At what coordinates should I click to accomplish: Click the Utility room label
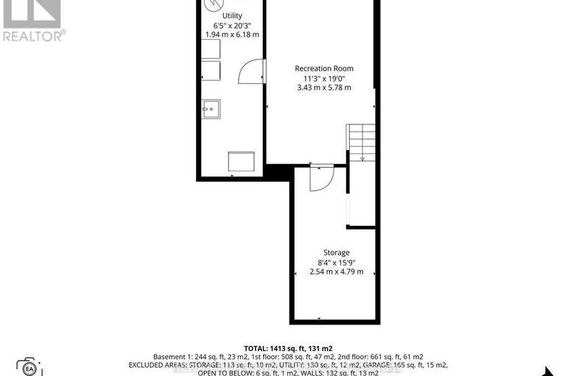pyautogui.click(x=232, y=15)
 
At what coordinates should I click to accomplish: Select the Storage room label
pyautogui.click(x=336, y=252)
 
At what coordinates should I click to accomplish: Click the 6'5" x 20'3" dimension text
pyautogui.click(x=232, y=25)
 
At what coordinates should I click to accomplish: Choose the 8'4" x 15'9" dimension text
pyautogui.click(x=336, y=262)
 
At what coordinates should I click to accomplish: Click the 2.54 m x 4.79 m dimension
pyautogui.click(x=336, y=272)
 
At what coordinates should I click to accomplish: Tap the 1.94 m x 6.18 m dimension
pyautogui.click(x=232, y=35)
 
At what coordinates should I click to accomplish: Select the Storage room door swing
pyautogui.click(x=322, y=177)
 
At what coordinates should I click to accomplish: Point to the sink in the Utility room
pyautogui.click(x=211, y=109)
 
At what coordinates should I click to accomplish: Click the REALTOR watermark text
pyautogui.click(x=34, y=34)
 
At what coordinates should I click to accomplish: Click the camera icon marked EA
pyautogui.click(x=29, y=366)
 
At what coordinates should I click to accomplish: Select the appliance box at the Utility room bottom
pyautogui.click(x=242, y=161)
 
